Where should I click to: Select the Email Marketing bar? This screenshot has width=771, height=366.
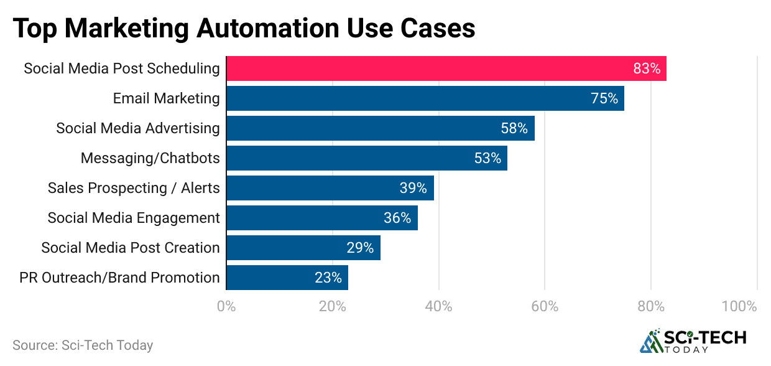tap(404, 98)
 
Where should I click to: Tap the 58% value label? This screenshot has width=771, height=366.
tap(514, 128)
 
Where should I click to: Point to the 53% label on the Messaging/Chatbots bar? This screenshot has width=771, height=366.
tap(487, 158)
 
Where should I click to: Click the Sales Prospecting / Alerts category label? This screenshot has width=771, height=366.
tap(134, 188)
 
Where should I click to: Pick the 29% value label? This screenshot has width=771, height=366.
tap(360, 248)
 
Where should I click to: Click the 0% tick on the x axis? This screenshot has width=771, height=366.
tap(226, 306)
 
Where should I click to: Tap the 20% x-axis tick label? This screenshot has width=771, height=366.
tap(332, 306)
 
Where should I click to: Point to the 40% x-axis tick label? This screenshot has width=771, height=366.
tap(438, 306)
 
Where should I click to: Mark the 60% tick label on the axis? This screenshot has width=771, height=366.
tap(545, 306)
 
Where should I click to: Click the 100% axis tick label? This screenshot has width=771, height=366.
tap(739, 306)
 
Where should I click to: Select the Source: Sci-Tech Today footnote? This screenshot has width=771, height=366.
tap(83, 345)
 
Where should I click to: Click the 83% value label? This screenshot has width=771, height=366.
tap(647, 68)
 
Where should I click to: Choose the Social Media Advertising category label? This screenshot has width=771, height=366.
tap(138, 128)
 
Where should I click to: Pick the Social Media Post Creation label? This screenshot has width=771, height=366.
tap(131, 248)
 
